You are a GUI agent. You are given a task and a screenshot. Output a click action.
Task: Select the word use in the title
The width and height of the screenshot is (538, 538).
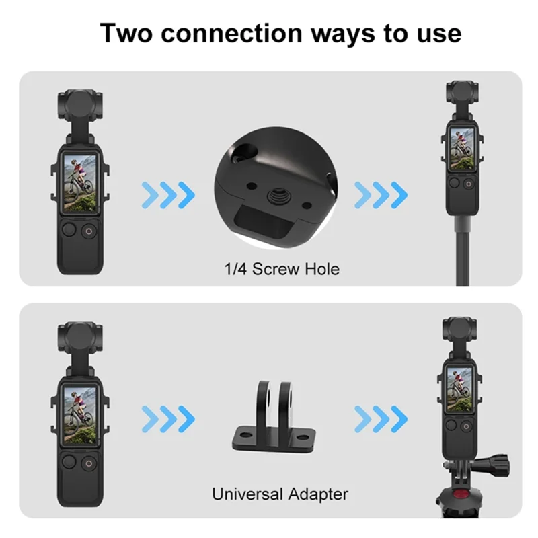click(x=435, y=33)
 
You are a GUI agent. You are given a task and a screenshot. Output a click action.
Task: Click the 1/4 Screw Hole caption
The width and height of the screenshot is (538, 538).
click(x=282, y=270)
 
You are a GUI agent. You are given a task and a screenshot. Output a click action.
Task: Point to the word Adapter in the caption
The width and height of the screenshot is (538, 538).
click(x=317, y=494)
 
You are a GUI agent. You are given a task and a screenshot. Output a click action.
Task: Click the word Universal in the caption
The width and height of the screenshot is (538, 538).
click(x=247, y=494)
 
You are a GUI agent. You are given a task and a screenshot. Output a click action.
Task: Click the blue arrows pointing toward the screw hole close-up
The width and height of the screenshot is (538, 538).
click(x=168, y=195)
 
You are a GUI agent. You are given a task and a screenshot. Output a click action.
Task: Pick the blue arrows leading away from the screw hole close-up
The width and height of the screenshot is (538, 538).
click(x=381, y=195)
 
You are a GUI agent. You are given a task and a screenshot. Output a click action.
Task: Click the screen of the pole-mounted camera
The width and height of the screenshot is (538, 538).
click(x=462, y=149)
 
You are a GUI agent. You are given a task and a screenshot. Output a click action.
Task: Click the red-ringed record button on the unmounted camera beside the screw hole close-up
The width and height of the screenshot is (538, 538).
click(x=89, y=232)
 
